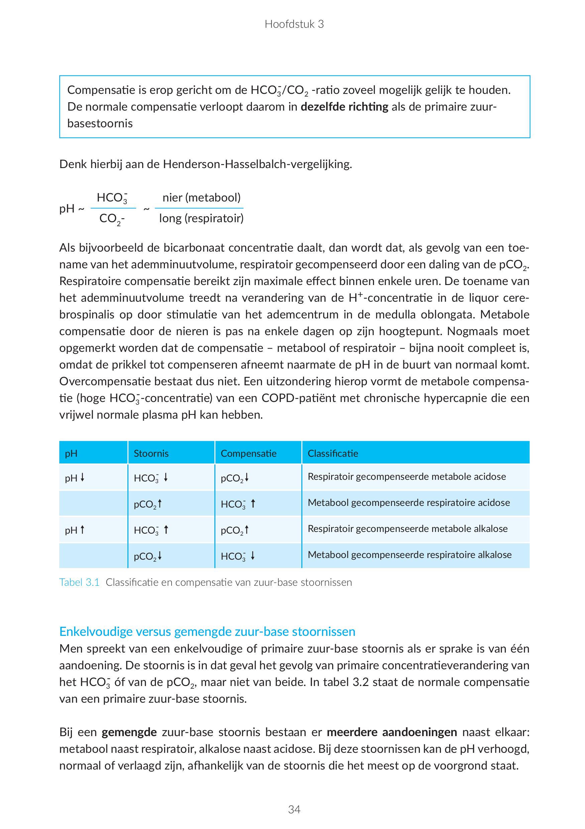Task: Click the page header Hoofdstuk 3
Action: point(294,24)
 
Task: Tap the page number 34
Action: point(294,810)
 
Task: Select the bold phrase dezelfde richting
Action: point(345,107)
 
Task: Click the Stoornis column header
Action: point(151,453)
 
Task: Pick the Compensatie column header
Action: point(249,453)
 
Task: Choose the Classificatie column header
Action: point(333,453)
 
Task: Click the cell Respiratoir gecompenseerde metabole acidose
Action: point(406,476)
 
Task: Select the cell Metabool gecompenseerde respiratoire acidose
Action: point(409,503)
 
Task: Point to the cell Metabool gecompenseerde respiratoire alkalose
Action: point(409,555)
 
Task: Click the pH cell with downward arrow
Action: point(75,478)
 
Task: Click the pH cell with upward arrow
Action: point(75,530)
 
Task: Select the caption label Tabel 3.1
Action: point(79,582)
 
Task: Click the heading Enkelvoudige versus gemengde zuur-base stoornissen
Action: point(207,632)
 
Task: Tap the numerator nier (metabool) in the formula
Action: point(201,197)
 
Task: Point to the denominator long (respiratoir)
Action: point(201,218)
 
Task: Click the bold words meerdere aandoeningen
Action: point(392,732)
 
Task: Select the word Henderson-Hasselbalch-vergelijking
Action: point(257,164)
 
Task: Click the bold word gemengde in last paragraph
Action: point(129,732)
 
